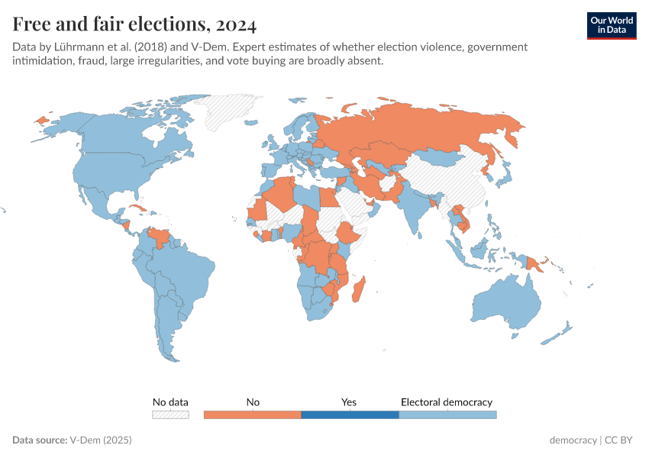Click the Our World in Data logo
pos(611,25)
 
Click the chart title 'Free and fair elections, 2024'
pos(134,24)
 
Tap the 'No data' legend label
pos(170,402)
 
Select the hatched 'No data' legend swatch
pos(170,414)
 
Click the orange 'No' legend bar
pos(253,414)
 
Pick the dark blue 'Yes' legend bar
pos(350,414)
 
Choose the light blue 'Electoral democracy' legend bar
pos(447,414)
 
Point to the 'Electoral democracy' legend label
pos(447,402)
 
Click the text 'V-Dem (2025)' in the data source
pos(101,440)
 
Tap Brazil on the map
pos(191,271)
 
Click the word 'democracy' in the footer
pos(573,440)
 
